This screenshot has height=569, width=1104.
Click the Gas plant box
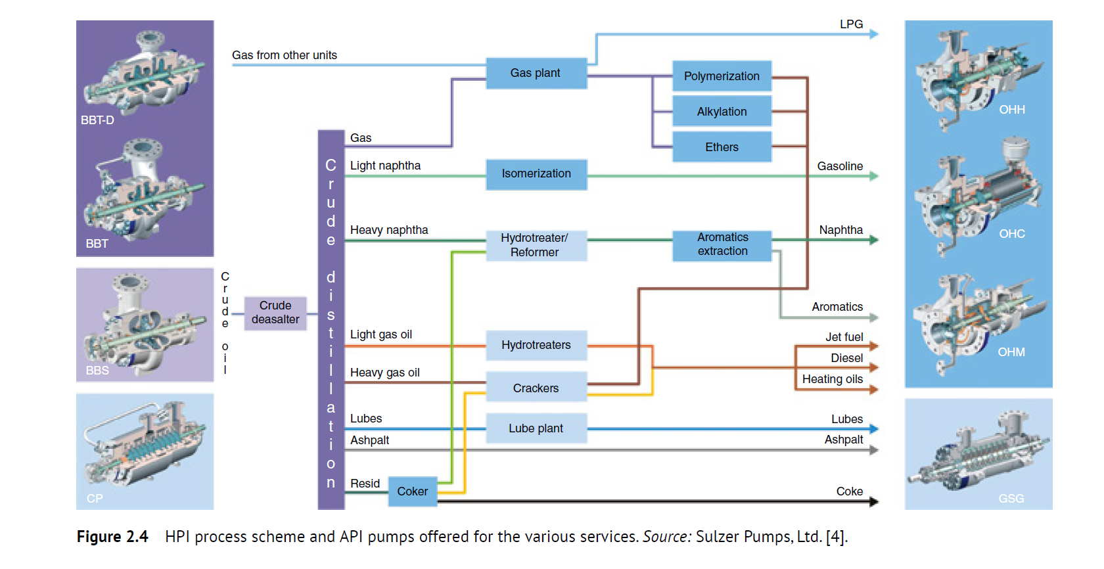[536, 73]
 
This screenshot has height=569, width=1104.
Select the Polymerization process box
[722, 76]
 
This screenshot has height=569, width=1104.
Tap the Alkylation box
[722, 112]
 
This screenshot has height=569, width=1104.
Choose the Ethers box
[722, 147]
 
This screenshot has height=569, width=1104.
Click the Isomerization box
[536, 174]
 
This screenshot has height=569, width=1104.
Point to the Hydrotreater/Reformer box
[535, 245]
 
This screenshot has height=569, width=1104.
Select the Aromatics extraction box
[722, 244]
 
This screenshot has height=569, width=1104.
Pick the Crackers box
[536, 388]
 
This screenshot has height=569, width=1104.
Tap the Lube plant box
[536, 428]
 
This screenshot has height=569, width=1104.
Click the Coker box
[412, 491]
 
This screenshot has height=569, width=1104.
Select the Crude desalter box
[275, 313]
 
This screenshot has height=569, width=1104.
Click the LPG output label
[851, 24]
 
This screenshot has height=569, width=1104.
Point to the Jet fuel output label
[844, 337]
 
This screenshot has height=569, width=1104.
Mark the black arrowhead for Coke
[874, 502]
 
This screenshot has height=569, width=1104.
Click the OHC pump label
[1011, 234]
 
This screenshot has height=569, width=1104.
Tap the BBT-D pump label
[97, 120]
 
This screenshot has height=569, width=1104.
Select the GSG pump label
[1011, 499]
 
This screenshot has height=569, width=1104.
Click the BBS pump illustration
[145, 324]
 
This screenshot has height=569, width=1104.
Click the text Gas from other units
[284, 55]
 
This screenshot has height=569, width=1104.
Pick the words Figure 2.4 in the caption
[112, 537]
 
